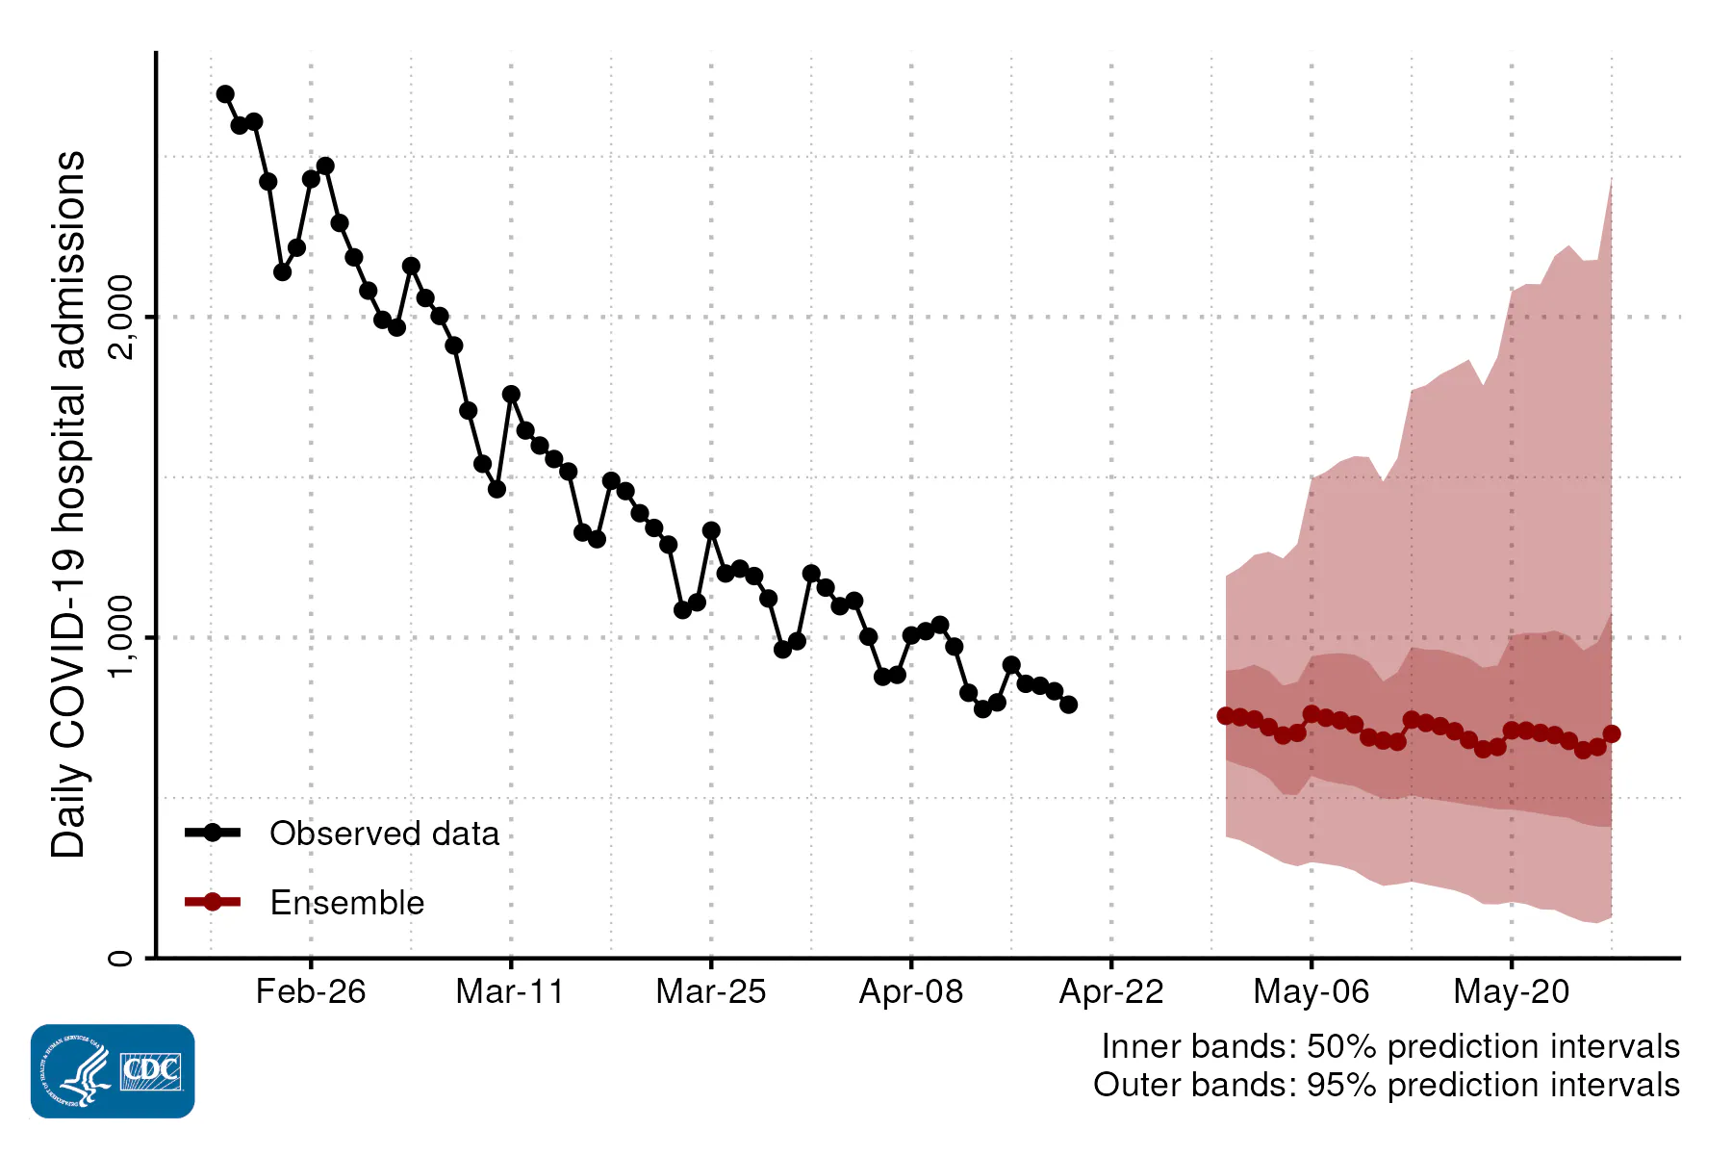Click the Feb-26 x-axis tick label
click(x=311, y=991)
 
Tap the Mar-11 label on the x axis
click(x=510, y=991)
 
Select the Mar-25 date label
click(x=711, y=991)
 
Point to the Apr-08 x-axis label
click(x=911, y=991)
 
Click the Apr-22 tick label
click(x=1111, y=991)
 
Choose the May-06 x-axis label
click(x=1312, y=991)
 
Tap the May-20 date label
click(x=1512, y=991)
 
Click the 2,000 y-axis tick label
click(x=121, y=317)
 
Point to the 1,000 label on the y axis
click(x=121, y=637)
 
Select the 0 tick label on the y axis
click(x=121, y=958)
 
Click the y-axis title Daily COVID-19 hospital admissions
click(x=69, y=504)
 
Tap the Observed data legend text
click(x=384, y=834)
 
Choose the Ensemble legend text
click(x=346, y=903)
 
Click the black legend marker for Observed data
click(x=213, y=833)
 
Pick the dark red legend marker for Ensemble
click(x=213, y=902)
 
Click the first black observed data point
click(x=225, y=94)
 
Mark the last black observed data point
click(x=1068, y=705)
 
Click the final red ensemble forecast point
click(x=1612, y=734)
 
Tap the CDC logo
click(x=113, y=1071)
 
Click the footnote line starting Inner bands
click(x=1390, y=1046)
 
